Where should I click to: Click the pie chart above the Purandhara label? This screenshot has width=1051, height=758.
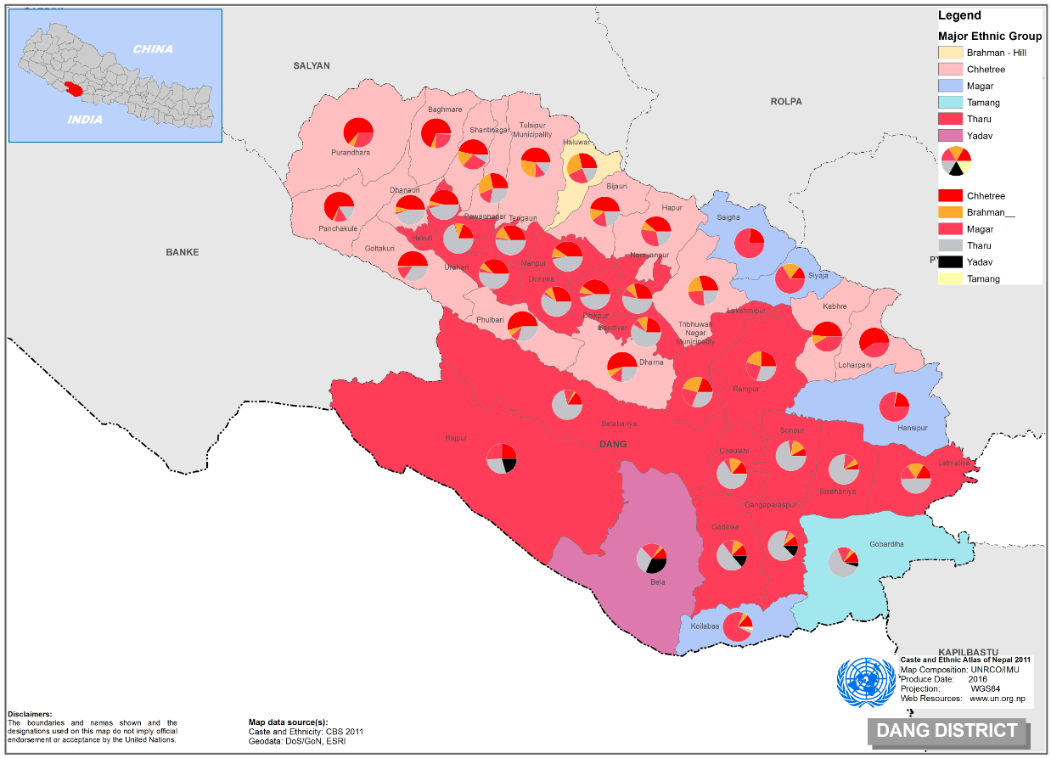(358, 132)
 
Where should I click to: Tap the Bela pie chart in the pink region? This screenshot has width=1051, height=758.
(651, 558)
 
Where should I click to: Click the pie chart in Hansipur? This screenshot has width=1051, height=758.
(894, 407)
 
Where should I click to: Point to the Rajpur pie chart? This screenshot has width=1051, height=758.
(501, 458)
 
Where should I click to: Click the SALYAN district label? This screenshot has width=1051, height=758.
(312, 65)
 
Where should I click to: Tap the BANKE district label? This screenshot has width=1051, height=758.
(183, 252)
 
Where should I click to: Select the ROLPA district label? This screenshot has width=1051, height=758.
(786, 102)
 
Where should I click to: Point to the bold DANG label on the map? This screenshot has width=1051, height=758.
(612, 444)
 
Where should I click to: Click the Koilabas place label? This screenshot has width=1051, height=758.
(705, 626)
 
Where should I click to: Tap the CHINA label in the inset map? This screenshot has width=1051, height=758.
(153, 49)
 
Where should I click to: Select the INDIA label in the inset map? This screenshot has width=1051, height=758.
(84, 120)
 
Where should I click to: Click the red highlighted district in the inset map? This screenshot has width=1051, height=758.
(74, 89)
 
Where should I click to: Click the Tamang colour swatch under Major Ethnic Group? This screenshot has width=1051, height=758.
(950, 103)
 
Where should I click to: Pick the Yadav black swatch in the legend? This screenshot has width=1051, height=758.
(950, 262)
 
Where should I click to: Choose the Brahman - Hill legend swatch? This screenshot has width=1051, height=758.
(950, 53)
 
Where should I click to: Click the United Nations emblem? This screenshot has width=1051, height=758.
(866, 685)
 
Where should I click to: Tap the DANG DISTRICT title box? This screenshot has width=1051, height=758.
(947, 731)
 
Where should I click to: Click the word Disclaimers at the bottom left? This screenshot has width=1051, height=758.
(29, 715)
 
